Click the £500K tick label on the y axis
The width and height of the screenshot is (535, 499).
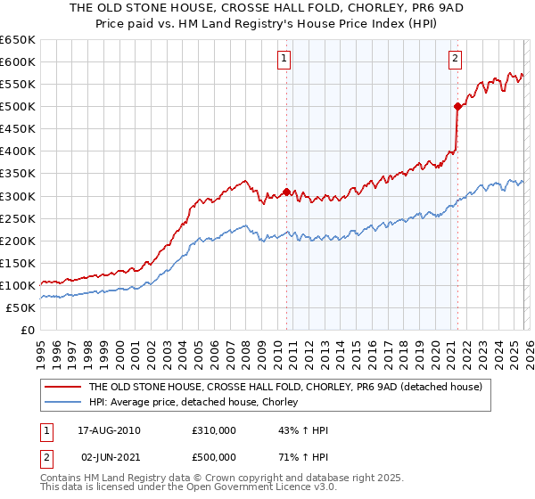click(x=18, y=107)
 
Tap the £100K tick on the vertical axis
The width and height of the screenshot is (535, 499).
click(x=18, y=285)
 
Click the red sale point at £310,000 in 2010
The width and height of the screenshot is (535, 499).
click(x=286, y=191)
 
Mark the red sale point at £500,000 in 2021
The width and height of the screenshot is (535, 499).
click(x=457, y=106)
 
